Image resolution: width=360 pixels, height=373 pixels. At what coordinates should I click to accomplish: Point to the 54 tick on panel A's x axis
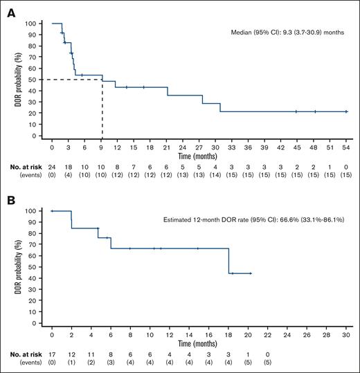[x=346, y=147]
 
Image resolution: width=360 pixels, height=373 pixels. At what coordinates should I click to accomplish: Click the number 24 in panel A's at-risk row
[x=52, y=167]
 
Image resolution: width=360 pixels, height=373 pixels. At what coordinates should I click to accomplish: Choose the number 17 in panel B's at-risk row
[x=52, y=354]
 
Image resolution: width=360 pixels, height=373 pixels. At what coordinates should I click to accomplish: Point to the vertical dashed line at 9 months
[x=102, y=107]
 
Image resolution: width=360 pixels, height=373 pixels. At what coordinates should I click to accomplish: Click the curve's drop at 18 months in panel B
[x=228, y=261]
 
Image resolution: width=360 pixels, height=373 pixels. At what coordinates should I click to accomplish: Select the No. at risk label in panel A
[x=19, y=167]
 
